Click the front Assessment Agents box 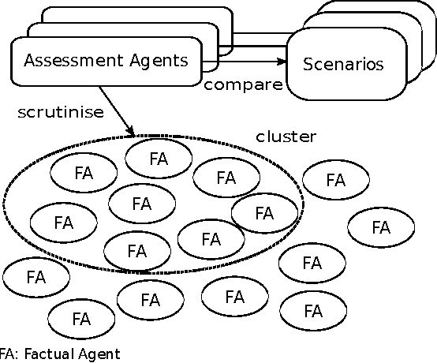106,60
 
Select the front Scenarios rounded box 343,64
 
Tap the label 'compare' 242,84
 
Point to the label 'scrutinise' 60,111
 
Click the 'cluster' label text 286,137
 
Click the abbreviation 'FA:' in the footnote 9,354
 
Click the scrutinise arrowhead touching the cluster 131,130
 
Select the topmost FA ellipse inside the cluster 159,158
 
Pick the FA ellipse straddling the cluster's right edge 264,213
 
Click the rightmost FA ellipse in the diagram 381,228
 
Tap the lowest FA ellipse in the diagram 80,320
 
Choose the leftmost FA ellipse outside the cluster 35,277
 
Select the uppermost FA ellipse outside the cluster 335,180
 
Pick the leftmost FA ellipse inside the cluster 63,222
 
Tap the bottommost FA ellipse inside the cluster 136,252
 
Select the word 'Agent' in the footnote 99,354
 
